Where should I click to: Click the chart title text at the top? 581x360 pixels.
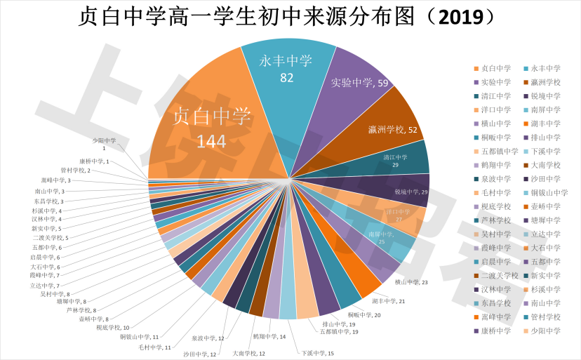tap(290, 18)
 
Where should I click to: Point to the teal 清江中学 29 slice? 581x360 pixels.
tap(400, 160)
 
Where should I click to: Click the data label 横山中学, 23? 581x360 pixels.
tap(411, 282)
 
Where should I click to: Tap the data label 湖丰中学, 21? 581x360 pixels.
tap(389, 300)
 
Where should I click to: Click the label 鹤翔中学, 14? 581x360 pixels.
tap(273, 337)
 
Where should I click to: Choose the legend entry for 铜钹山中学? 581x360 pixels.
tap(549, 192)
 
